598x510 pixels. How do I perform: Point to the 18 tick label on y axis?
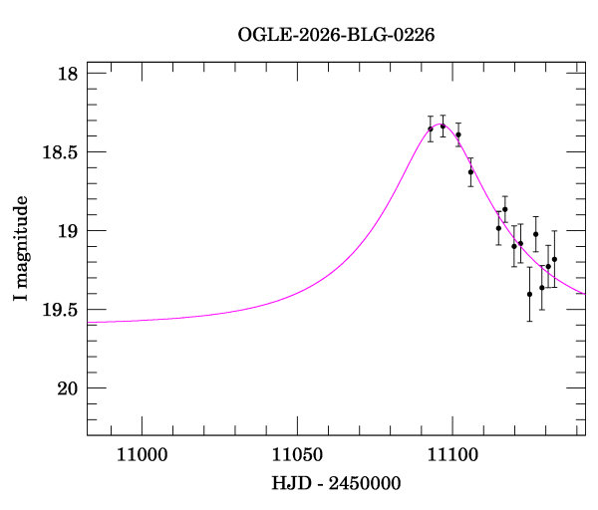point(68,75)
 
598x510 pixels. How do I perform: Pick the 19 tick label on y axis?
point(68,231)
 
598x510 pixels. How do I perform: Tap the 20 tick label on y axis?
point(68,387)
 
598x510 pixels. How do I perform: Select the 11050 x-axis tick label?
point(297,455)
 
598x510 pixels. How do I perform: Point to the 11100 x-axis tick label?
point(451,455)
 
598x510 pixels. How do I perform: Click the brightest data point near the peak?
point(443,126)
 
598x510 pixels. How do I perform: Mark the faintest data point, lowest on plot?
point(529,294)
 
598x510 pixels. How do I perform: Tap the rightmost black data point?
point(554,259)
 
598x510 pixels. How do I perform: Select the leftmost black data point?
point(431,128)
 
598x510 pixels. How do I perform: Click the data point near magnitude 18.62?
point(470,171)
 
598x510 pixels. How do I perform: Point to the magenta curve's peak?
point(441,126)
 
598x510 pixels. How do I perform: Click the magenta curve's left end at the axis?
point(88,322)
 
